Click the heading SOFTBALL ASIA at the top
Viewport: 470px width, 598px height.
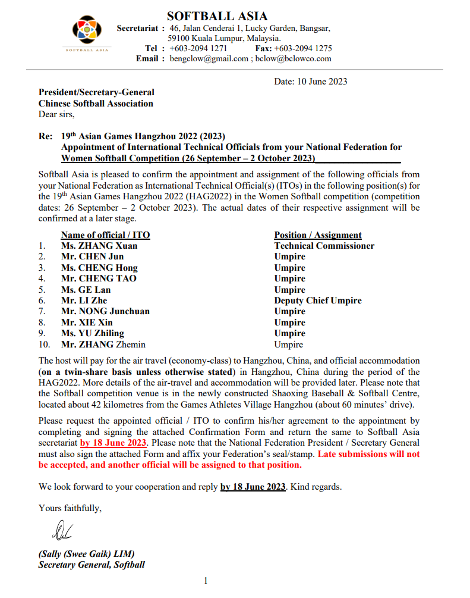tap(217, 16)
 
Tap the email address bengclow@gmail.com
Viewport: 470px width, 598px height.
tap(209, 58)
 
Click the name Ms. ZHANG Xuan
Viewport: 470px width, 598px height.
tap(99, 246)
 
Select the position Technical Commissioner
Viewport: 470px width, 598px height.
tap(324, 246)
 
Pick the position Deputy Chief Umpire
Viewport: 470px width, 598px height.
tap(317, 300)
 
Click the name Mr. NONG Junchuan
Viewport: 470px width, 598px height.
tap(105, 311)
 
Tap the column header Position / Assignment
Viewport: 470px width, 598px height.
tap(317, 235)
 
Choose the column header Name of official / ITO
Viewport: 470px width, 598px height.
tap(105, 235)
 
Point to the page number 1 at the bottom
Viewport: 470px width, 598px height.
tap(206, 581)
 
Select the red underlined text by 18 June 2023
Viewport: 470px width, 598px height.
tap(113, 443)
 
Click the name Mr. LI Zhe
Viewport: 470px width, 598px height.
tap(84, 300)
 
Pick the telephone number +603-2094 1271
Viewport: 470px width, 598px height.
tap(198, 48)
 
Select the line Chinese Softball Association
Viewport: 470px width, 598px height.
tap(96, 104)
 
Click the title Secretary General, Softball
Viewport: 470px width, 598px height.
tap(92, 565)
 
